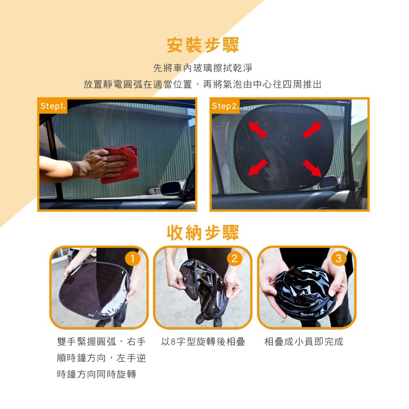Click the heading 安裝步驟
click(203, 45)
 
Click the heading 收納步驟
click(203, 232)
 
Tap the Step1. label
click(53, 106)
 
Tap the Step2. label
click(225, 106)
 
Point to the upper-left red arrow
click(257, 130)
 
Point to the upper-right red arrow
click(312, 130)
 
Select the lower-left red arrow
click(257, 167)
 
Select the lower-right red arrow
click(312, 168)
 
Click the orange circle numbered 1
click(133, 258)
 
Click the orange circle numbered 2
click(234, 258)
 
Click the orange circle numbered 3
click(339, 258)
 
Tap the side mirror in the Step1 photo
click(171, 188)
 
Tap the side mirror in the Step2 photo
click(328, 182)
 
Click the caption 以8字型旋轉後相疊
click(203, 342)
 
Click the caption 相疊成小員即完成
click(303, 342)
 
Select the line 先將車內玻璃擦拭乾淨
click(203, 68)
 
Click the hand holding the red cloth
click(104, 164)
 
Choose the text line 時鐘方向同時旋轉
click(97, 374)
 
